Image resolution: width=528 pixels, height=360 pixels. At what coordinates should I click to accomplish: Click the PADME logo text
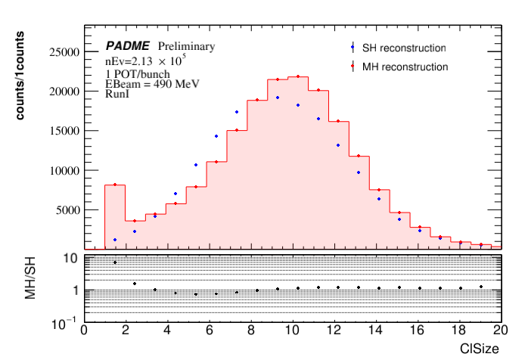[128, 46]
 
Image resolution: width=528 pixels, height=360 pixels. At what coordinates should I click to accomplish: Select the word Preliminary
[186, 46]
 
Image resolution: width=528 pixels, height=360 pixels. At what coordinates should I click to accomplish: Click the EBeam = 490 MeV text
[152, 84]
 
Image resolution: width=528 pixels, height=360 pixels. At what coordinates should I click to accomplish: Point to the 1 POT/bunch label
[138, 73]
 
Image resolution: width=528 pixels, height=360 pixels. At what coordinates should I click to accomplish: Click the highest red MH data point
[298, 76]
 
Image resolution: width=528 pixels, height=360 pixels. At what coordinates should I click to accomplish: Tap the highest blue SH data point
[278, 98]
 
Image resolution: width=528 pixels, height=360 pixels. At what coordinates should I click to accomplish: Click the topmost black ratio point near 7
[115, 262]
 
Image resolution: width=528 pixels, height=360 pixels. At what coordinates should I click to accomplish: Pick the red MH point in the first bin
[115, 185]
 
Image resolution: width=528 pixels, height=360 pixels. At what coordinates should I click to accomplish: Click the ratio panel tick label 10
[72, 258]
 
